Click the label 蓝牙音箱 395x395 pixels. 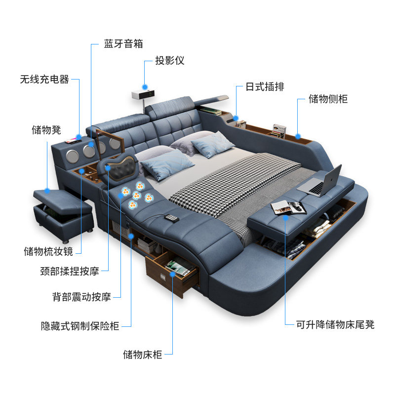(123, 44)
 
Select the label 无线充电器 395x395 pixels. (44, 79)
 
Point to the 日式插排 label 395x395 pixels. (265, 87)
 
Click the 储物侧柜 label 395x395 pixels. (328, 99)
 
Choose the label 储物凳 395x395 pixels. (46, 130)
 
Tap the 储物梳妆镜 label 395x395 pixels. (48, 251)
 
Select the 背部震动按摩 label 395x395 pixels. (81, 297)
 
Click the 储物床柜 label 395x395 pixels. (143, 354)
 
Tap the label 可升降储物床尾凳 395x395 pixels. (335, 324)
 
